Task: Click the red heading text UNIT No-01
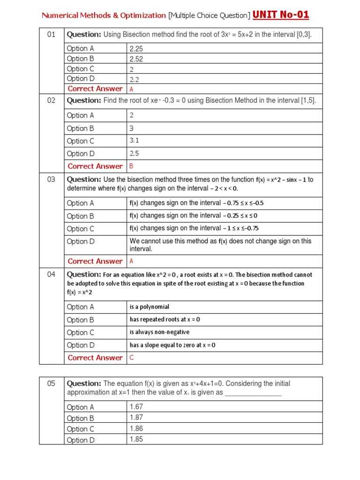click(281, 15)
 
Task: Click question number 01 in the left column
click(51, 34)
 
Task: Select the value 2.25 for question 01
click(136, 48)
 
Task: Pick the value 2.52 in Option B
click(136, 59)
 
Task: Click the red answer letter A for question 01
click(132, 89)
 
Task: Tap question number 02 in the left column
click(51, 100)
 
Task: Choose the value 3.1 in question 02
click(135, 141)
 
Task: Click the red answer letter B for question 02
click(132, 166)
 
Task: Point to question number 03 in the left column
click(51, 180)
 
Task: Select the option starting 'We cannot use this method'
click(220, 245)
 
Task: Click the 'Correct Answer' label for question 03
click(95, 262)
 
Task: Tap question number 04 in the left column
click(51, 275)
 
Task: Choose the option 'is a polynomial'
click(150, 307)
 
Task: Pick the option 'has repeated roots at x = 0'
click(165, 320)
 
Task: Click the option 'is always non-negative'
click(159, 332)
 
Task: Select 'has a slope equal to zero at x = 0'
click(172, 345)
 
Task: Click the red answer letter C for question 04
click(132, 358)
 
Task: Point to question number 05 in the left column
click(51, 383)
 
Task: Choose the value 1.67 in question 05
click(136, 407)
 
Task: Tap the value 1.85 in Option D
click(136, 440)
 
